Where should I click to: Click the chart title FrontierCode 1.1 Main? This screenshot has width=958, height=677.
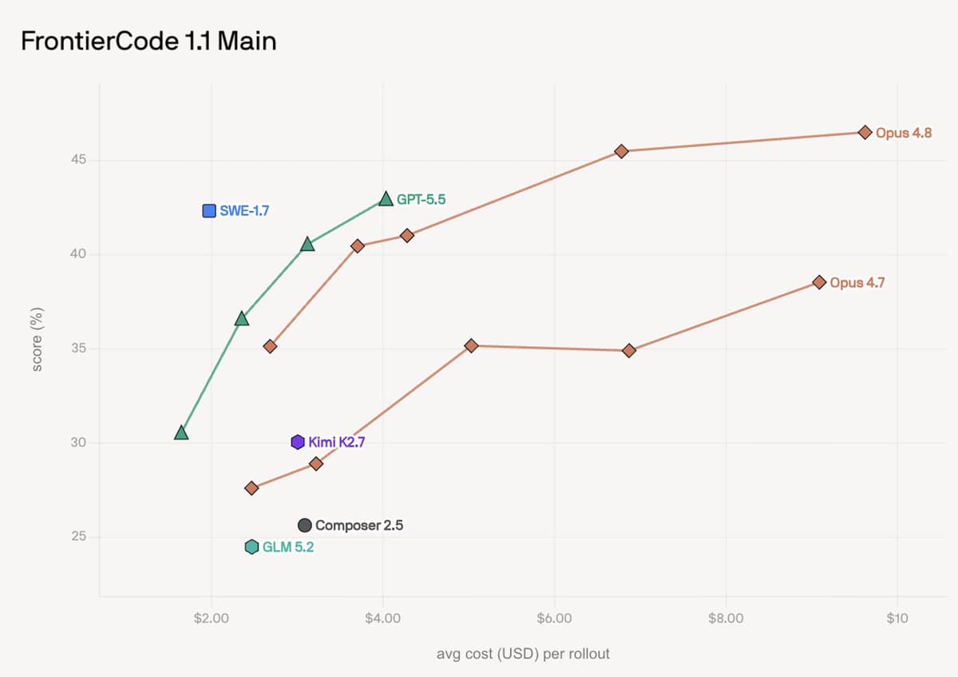[148, 42]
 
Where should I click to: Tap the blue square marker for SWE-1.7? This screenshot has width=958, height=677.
[209, 211]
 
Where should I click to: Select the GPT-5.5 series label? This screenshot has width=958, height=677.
[422, 200]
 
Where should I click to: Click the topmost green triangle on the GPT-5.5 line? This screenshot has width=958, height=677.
[386, 199]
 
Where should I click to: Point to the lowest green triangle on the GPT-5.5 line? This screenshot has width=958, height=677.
[181, 433]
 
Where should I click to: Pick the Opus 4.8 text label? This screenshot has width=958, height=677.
[904, 133]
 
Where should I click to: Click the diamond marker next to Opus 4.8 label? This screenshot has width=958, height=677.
[865, 133]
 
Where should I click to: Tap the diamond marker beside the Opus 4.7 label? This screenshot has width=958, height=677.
[819, 282]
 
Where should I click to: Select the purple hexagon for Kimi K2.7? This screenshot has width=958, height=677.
[298, 442]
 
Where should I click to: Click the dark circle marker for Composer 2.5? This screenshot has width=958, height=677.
[304, 525]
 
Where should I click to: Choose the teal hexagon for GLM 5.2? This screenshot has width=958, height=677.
[252, 547]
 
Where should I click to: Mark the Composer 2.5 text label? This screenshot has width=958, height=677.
[359, 525]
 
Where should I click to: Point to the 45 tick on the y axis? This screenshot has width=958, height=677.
[79, 160]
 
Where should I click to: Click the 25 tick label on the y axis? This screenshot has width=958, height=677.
[79, 536]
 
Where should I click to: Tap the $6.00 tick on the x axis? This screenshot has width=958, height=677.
[554, 618]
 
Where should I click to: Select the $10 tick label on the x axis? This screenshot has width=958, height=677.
[897, 618]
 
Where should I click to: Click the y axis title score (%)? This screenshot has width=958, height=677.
[38, 339]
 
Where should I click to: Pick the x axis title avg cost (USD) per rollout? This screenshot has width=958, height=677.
[523, 654]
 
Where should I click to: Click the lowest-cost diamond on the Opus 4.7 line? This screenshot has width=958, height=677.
[251, 488]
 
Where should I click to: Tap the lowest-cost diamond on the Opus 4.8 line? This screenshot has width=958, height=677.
[270, 346]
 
